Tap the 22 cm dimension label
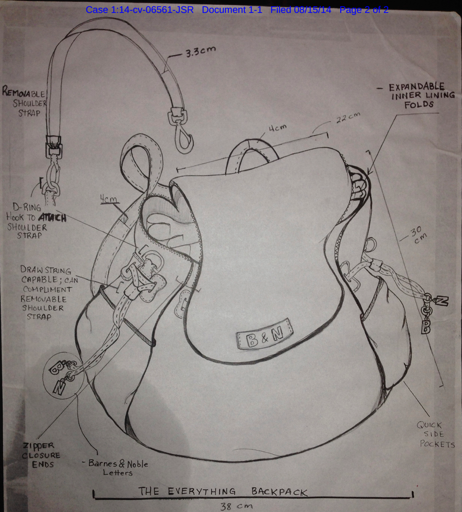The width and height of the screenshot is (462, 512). pos(348,119)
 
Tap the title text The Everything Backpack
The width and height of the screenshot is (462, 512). pos(223,491)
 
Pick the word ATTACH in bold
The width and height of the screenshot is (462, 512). pos(55,218)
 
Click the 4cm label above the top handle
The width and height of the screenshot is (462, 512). pos(278,129)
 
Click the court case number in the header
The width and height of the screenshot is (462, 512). pos(139,9)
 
